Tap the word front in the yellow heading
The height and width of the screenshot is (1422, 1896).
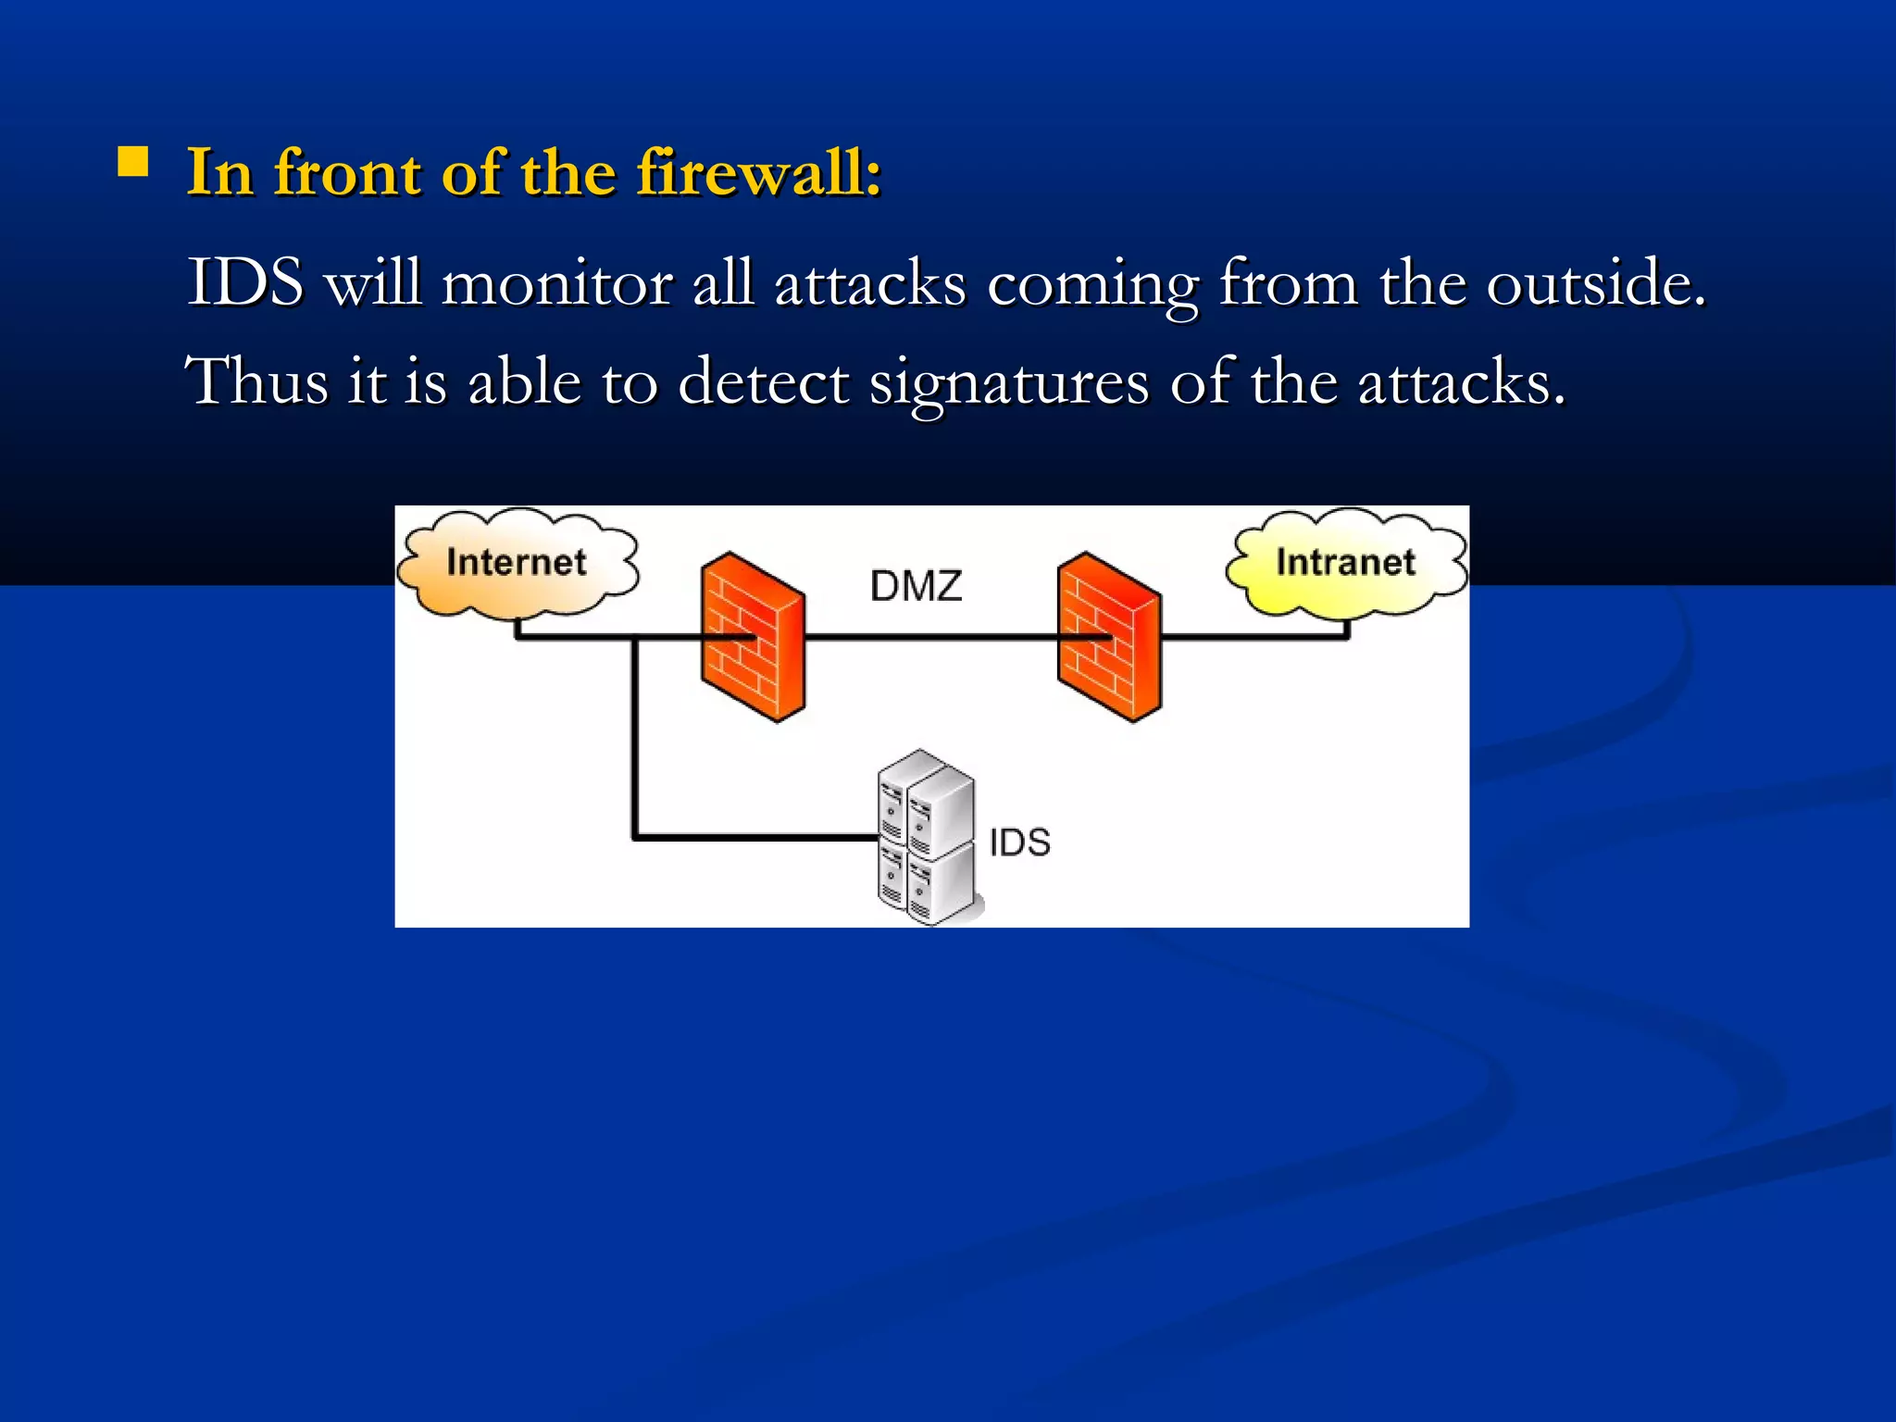(x=347, y=173)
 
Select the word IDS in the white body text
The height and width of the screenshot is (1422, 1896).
(x=245, y=282)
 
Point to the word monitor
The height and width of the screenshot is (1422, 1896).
(x=556, y=284)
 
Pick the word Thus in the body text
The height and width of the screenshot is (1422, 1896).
(x=256, y=381)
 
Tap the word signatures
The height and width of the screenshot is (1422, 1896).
(x=1008, y=384)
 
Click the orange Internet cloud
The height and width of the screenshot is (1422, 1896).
(x=517, y=563)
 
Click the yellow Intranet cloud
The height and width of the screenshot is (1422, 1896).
(x=1346, y=563)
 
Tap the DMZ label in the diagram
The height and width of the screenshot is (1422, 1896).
(x=916, y=586)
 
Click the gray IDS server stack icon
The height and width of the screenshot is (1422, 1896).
(x=926, y=838)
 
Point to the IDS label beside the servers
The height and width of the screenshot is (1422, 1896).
(x=1019, y=842)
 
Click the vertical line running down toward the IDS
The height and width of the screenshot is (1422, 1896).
(x=635, y=741)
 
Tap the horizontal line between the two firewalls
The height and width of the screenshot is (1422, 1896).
(x=930, y=637)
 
